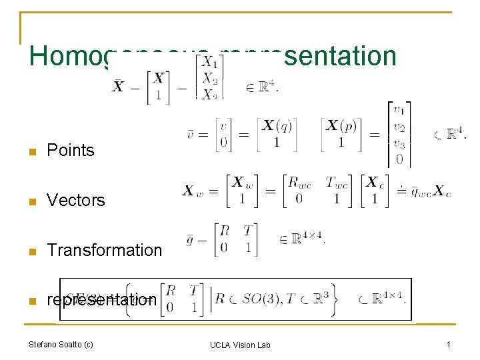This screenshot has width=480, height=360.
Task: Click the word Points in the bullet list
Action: [70, 151]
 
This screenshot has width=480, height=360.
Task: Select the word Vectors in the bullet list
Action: [76, 201]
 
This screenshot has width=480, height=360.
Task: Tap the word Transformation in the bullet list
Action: [104, 251]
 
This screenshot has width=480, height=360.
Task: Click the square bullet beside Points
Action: [31, 151]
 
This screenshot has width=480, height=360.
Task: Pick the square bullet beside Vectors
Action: [31, 201]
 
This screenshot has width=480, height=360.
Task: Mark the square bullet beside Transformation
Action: [31, 251]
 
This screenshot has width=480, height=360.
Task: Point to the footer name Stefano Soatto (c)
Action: [61, 345]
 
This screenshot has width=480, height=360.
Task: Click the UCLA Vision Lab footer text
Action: [240, 345]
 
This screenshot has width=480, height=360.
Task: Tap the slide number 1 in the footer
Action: [449, 344]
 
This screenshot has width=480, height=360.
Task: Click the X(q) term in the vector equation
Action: [277, 125]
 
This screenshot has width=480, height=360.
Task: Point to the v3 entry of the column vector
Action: [399, 144]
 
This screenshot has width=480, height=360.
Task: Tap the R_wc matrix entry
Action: [299, 183]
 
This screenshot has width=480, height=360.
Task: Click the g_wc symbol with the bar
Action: [420, 192]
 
